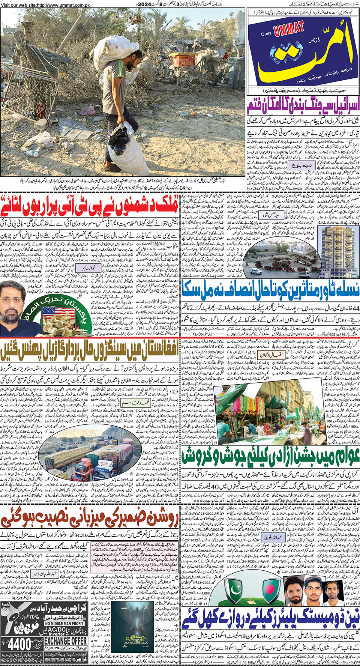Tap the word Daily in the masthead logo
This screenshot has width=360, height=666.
266,34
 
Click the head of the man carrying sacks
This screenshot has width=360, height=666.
133,59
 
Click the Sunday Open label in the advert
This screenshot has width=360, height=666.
6,607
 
